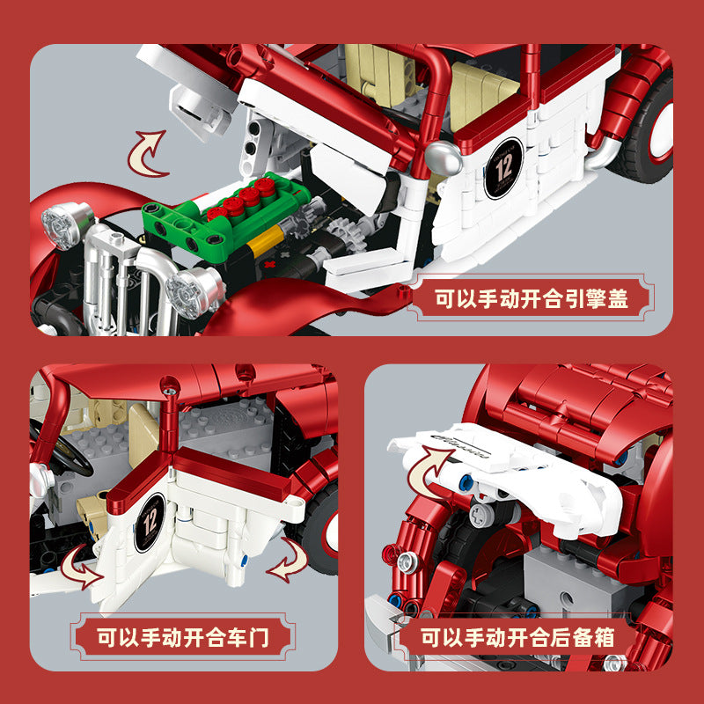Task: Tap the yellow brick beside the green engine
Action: click(x=266, y=240)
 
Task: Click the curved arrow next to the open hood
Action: click(x=147, y=153)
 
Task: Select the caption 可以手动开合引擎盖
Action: click(x=532, y=298)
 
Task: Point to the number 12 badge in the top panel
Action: click(x=503, y=168)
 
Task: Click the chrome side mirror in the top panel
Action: click(x=444, y=158)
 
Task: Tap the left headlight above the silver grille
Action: click(x=68, y=224)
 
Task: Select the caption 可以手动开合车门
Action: click(x=183, y=637)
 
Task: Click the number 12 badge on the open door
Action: click(x=150, y=522)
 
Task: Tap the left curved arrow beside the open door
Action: click(x=81, y=567)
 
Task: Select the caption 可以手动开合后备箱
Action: click(x=517, y=637)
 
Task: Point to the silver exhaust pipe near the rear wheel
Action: click(x=604, y=152)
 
